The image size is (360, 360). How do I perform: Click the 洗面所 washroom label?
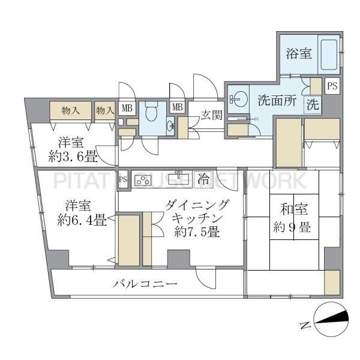277,101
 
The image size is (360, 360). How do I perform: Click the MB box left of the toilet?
127,108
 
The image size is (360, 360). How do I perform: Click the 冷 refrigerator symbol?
204,178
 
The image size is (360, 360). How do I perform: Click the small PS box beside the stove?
123,179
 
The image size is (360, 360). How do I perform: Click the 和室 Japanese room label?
293,210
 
